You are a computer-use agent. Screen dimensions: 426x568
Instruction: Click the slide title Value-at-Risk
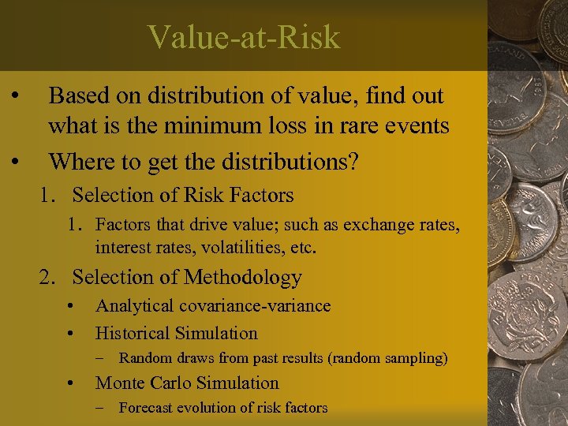click(x=243, y=37)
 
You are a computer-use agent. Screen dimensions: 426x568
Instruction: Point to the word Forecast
click(x=145, y=408)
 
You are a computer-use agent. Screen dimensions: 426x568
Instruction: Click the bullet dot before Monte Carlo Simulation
click(x=72, y=383)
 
